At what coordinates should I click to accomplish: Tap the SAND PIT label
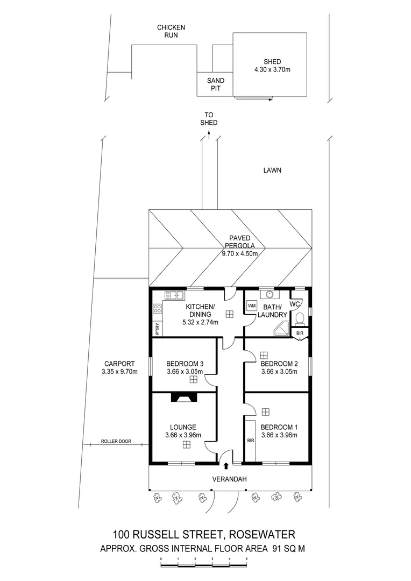[216, 84]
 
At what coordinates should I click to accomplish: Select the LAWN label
[272, 171]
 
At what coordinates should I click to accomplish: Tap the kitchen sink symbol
[174, 295]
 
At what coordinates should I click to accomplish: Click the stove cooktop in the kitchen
[158, 309]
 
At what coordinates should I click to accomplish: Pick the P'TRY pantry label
[157, 328]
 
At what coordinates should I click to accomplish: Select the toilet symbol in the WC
[300, 317]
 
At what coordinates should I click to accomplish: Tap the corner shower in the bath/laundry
[281, 329]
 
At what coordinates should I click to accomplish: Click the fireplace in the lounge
[184, 398]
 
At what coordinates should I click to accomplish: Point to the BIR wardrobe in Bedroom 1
[250, 440]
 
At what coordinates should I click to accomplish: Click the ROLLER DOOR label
[116, 442]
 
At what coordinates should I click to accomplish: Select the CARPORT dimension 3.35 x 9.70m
[120, 371]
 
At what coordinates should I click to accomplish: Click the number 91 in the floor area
[278, 549]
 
